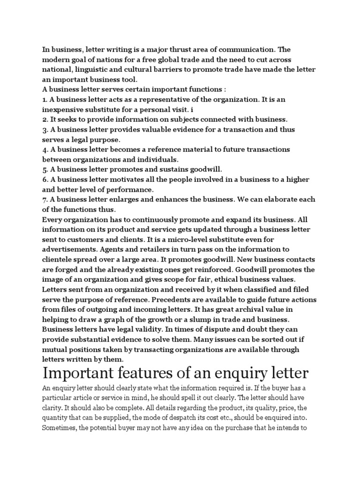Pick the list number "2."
pyautogui.click(x=45, y=119)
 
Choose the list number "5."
pyautogui.click(x=45, y=169)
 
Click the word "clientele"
pyautogui.click(x=60, y=259)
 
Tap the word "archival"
pyautogui.click(x=252, y=309)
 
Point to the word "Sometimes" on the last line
pyautogui.click(x=60, y=428)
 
